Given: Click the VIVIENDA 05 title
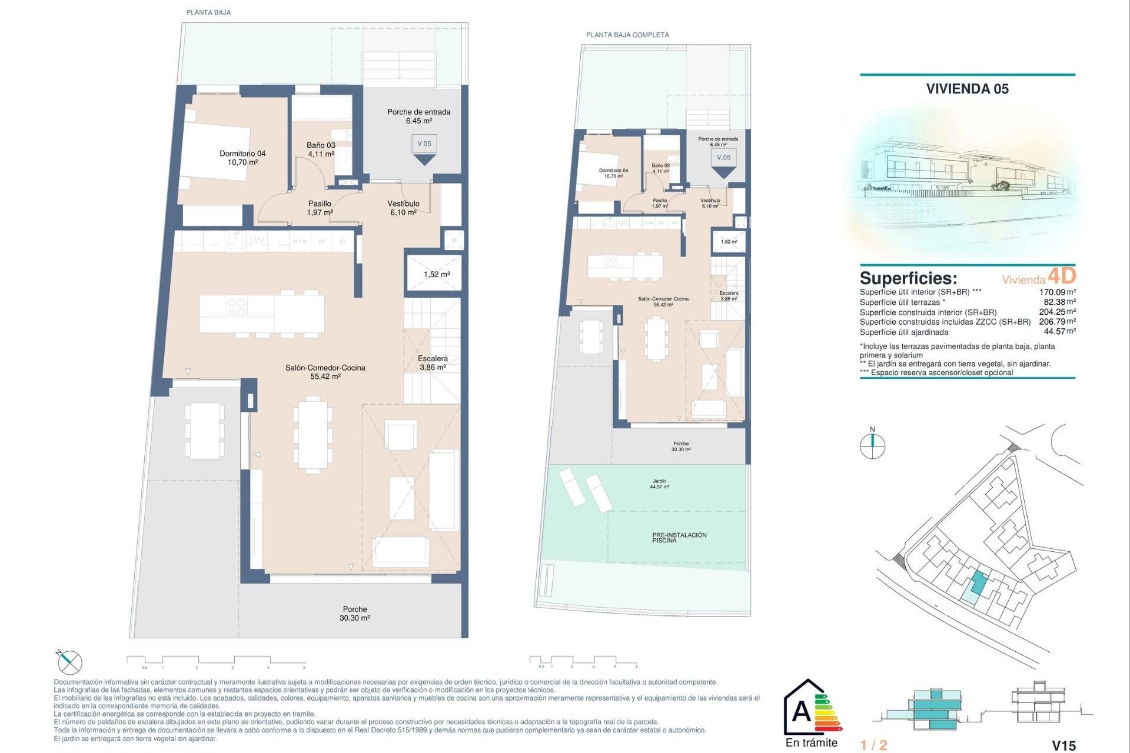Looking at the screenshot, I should coord(967,89).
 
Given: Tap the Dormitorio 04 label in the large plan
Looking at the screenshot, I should coord(242,158).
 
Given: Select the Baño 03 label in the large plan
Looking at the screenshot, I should coord(321,149).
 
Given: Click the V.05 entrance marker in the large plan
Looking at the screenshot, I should coord(424,144).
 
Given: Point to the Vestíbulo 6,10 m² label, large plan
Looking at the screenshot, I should coord(403,208).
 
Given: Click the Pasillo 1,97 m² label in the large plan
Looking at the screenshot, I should coord(320,208).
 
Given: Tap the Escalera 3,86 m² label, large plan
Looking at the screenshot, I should coord(433,362).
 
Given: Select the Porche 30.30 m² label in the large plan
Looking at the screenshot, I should coord(355,614).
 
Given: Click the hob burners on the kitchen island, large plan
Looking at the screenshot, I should coord(237,307).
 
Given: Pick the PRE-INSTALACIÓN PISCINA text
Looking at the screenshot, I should coord(679,538).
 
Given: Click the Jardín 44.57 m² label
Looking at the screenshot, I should coord(659,484).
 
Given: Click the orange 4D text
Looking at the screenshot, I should coord(1062,276).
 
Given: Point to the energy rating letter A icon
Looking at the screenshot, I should coord(802,712).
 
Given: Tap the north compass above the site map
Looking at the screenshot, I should coord(872,445).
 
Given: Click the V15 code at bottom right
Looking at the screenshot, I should coord(1063,745).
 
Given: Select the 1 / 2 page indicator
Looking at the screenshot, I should coord(873,745).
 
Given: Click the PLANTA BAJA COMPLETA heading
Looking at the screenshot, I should coord(627,35).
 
